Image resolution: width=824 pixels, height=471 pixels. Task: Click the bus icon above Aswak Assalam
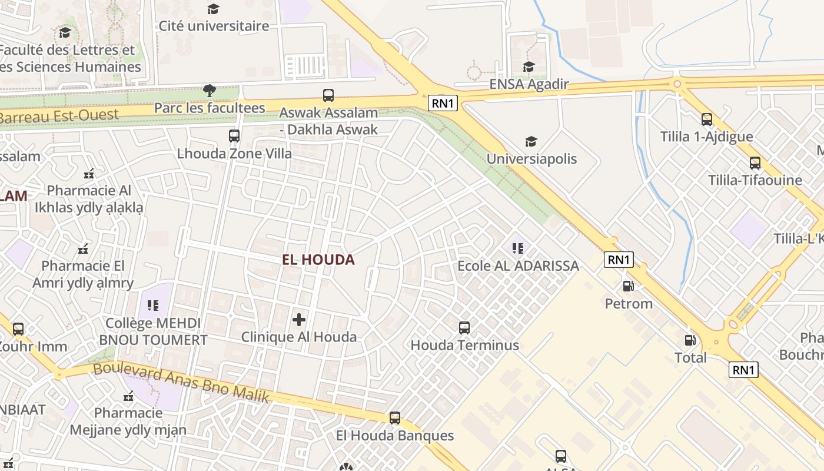pos(328,95)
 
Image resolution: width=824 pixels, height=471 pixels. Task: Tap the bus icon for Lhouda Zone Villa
pos(234,136)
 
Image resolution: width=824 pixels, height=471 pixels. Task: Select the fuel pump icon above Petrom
pos(629,286)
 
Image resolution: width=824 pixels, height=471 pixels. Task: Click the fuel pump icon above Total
pos(690,340)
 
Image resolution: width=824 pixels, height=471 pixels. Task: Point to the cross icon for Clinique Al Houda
pos(299,320)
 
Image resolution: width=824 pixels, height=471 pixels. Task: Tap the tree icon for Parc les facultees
pos(209,91)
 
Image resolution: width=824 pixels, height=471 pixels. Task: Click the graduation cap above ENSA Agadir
pos(529,67)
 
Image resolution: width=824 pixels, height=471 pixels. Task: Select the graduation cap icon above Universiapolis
pos(531,141)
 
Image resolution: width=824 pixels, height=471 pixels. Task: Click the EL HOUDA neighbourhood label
pos(318,260)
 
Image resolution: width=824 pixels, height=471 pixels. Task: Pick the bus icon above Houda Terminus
pos(464,327)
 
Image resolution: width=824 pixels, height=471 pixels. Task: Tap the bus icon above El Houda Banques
pos(395,418)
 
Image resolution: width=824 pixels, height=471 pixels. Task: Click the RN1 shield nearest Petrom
pos(619,260)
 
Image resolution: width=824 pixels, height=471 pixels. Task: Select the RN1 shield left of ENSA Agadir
pos(443,104)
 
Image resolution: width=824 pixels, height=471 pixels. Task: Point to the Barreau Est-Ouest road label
pos(59,115)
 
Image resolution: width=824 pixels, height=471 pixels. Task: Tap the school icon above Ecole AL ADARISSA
pos(518,248)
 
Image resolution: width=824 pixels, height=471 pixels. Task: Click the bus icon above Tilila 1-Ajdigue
pos(706,120)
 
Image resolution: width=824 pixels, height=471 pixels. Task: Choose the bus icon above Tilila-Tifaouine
pos(755,163)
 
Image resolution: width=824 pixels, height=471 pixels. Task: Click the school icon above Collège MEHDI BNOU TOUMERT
pos(153,306)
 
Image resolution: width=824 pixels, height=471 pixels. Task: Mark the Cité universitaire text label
pos(214,26)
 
